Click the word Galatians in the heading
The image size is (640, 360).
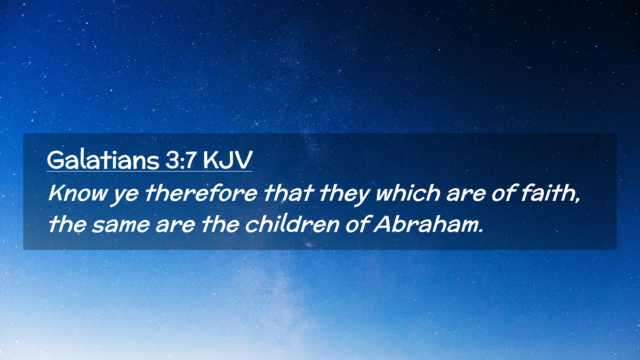click(103, 160)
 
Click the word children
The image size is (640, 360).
click(292, 224)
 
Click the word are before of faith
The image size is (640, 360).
click(466, 195)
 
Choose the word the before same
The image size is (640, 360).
click(68, 224)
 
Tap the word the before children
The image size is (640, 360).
click(220, 224)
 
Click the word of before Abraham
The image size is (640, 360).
click(358, 224)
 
